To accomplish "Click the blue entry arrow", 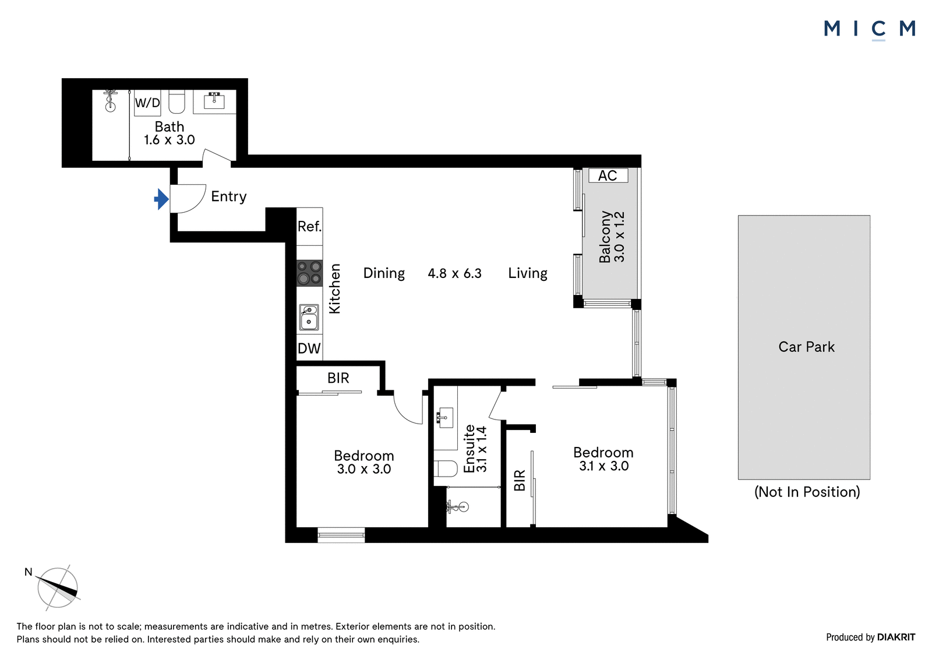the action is pyautogui.click(x=161, y=199).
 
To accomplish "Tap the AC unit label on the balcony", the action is pyautogui.click(x=608, y=176).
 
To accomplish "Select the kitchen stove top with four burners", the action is pyautogui.click(x=309, y=273).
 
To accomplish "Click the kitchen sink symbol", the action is pyautogui.click(x=309, y=317).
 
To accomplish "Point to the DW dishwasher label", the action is pyautogui.click(x=309, y=348).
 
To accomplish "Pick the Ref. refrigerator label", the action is pyautogui.click(x=309, y=227).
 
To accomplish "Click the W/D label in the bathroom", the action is pyautogui.click(x=147, y=103).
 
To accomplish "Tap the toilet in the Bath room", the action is pyautogui.click(x=176, y=102).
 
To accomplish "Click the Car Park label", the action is pyautogui.click(x=806, y=347).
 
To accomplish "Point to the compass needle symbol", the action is pyautogui.click(x=58, y=587).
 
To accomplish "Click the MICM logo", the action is pyautogui.click(x=870, y=30).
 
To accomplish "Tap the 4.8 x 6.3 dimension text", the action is pyautogui.click(x=455, y=273).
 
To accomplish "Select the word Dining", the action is pyautogui.click(x=384, y=273).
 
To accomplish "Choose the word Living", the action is pyautogui.click(x=528, y=273).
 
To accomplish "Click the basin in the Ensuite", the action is pyautogui.click(x=445, y=418).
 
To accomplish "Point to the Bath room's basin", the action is pyautogui.click(x=214, y=101).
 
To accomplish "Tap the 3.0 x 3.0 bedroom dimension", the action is pyautogui.click(x=364, y=469).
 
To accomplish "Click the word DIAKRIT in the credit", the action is pyautogui.click(x=896, y=637).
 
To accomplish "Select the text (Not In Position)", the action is pyautogui.click(x=807, y=492).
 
